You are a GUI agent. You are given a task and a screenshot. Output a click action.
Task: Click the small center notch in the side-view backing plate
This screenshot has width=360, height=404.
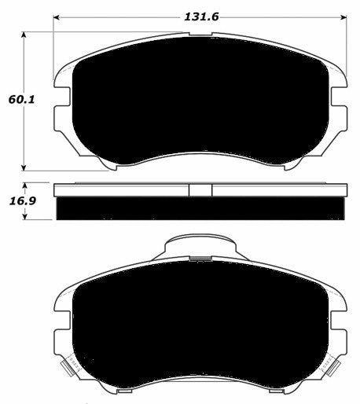[x=200, y=190]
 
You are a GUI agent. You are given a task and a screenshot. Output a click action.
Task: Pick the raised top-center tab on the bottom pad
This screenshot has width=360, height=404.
[x=200, y=247]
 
